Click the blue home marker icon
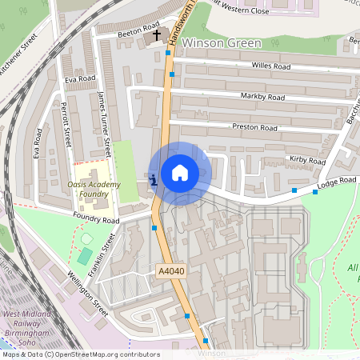[180, 173]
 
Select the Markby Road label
[262, 98]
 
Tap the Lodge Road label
[336, 182]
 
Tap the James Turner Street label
[104, 124]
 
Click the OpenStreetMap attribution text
[80, 354]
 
